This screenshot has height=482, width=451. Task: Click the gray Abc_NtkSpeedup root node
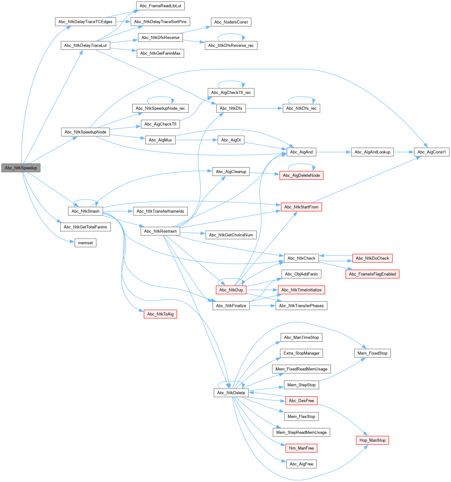click(21, 168)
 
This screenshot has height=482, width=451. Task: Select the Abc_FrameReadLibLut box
click(160, 6)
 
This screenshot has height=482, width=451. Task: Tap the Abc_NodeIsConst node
click(231, 22)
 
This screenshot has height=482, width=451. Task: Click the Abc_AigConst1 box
click(431, 152)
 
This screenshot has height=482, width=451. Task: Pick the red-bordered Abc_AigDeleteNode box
click(301, 175)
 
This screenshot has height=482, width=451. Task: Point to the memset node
click(85, 243)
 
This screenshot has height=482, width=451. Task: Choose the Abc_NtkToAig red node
click(160, 314)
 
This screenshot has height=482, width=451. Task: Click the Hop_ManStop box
click(372, 440)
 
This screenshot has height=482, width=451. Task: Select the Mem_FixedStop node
click(372, 353)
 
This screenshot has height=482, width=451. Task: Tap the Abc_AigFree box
click(301, 464)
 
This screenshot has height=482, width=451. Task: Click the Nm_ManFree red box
click(301, 448)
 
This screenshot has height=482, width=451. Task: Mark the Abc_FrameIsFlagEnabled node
click(372, 274)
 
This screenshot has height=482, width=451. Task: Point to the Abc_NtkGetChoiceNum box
click(231, 235)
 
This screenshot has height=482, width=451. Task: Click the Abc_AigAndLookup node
click(372, 152)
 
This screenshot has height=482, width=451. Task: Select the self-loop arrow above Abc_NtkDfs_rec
click(301, 97)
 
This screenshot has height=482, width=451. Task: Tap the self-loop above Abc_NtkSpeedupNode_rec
click(160, 97)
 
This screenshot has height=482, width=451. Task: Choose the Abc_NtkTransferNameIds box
click(160, 211)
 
